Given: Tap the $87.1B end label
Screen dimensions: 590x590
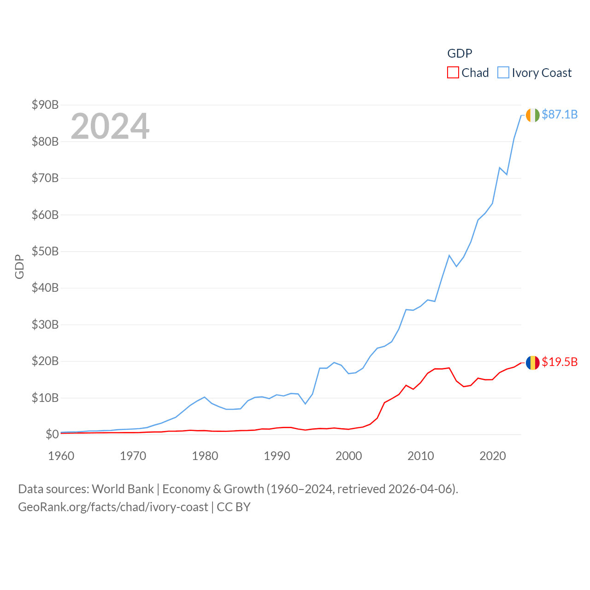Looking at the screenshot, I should tap(560, 114).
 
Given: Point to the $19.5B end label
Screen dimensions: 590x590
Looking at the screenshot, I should tap(560, 362).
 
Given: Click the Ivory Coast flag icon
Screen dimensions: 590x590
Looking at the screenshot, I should tap(533, 115).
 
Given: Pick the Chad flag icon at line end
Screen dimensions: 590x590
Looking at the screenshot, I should tap(533, 363).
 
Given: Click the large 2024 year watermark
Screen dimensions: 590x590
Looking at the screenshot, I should tap(110, 126).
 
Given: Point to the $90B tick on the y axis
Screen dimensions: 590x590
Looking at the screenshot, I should tap(45, 105).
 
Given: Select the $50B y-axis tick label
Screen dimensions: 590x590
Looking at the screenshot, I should tap(45, 251).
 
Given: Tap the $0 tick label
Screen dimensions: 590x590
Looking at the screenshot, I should tap(52, 434).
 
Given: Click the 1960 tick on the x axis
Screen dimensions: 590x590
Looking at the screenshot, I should tap(61, 456).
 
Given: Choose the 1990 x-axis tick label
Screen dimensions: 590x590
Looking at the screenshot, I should tap(277, 456).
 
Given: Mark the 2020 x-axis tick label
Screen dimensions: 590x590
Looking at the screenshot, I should tap(493, 456).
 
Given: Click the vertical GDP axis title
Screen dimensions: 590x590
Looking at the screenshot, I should tap(19, 266).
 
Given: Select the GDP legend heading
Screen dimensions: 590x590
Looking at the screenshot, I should tap(460, 53).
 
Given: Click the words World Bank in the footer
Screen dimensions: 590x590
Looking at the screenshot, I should tap(123, 489).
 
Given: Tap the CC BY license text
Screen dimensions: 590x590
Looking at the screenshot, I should tap(234, 507).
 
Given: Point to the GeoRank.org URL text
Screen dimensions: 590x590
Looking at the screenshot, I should tap(113, 507).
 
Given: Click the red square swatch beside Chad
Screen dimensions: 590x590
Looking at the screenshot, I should tap(453, 73).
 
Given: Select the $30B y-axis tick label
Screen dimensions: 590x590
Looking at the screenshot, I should tap(45, 324).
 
